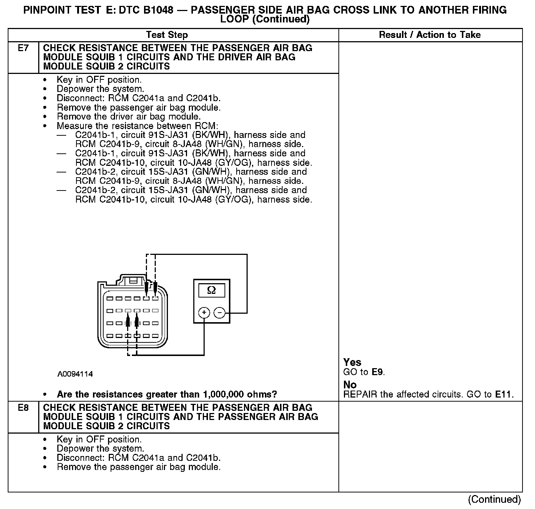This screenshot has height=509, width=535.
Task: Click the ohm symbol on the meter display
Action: (x=211, y=290)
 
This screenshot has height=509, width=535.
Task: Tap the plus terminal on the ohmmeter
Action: (x=204, y=313)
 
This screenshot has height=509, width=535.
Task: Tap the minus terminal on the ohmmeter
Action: (x=219, y=313)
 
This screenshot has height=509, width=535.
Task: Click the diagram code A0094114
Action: (x=75, y=374)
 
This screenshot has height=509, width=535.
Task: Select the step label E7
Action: (x=23, y=48)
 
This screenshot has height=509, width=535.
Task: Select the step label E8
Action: (x=23, y=408)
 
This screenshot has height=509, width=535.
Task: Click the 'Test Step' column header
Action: (x=167, y=35)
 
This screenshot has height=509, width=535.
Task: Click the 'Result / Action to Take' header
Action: (x=430, y=35)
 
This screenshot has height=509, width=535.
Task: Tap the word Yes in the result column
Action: (x=352, y=362)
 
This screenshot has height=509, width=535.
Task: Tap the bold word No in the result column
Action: (x=350, y=385)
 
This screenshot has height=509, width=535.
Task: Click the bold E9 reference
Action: (x=377, y=372)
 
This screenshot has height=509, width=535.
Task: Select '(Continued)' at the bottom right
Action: (x=494, y=499)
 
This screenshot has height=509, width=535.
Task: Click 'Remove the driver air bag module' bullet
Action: (x=129, y=117)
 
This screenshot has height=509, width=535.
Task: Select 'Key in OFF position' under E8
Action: (x=99, y=439)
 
